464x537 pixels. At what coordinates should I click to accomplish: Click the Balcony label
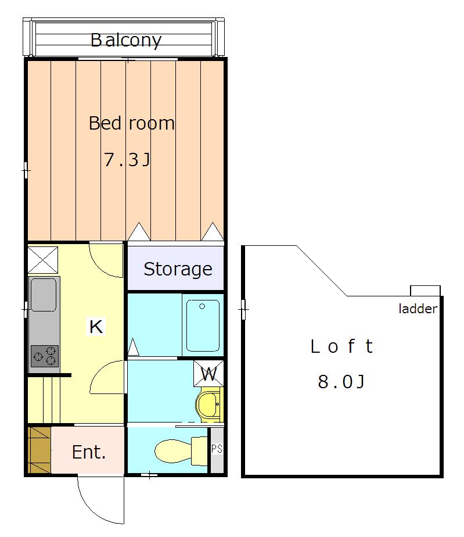pyautogui.click(x=126, y=41)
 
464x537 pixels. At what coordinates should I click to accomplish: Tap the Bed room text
pyautogui.click(x=132, y=123)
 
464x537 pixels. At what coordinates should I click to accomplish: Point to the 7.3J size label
pyautogui.click(x=127, y=159)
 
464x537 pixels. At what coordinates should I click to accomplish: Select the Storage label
pyautogui.click(x=178, y=269)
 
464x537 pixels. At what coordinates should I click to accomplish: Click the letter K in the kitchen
pyautogui.click(x=96, y=327)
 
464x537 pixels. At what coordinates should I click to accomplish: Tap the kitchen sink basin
pyautogui.click(x=44, y=295)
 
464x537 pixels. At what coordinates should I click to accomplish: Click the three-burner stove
pyautogui.click(x=45, y=356)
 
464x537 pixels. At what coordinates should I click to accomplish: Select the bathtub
pyautogui.click(x=203, y=325)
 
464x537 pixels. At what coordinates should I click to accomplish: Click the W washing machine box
pyautogui.click(x=208, y=373)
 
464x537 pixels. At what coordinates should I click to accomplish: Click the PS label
pyautogui.click(x=217, y=449)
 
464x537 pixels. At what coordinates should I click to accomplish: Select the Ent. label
pyautogui.click(x=89, y=452)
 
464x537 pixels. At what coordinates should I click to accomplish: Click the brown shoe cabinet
pyautogui.click(x=39, y=450)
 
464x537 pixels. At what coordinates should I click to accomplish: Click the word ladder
pyautogui.click(x=418, y=309)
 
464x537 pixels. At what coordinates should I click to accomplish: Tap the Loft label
pyautogui.click(x=341, y=346)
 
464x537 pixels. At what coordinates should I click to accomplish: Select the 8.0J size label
pyautogui.click(x=341, y=381)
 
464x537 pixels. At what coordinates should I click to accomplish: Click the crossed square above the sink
pyautogui.click(x=43, y=260)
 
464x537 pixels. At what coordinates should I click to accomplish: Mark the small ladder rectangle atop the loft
pyautogui.click(x=425, y=291)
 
